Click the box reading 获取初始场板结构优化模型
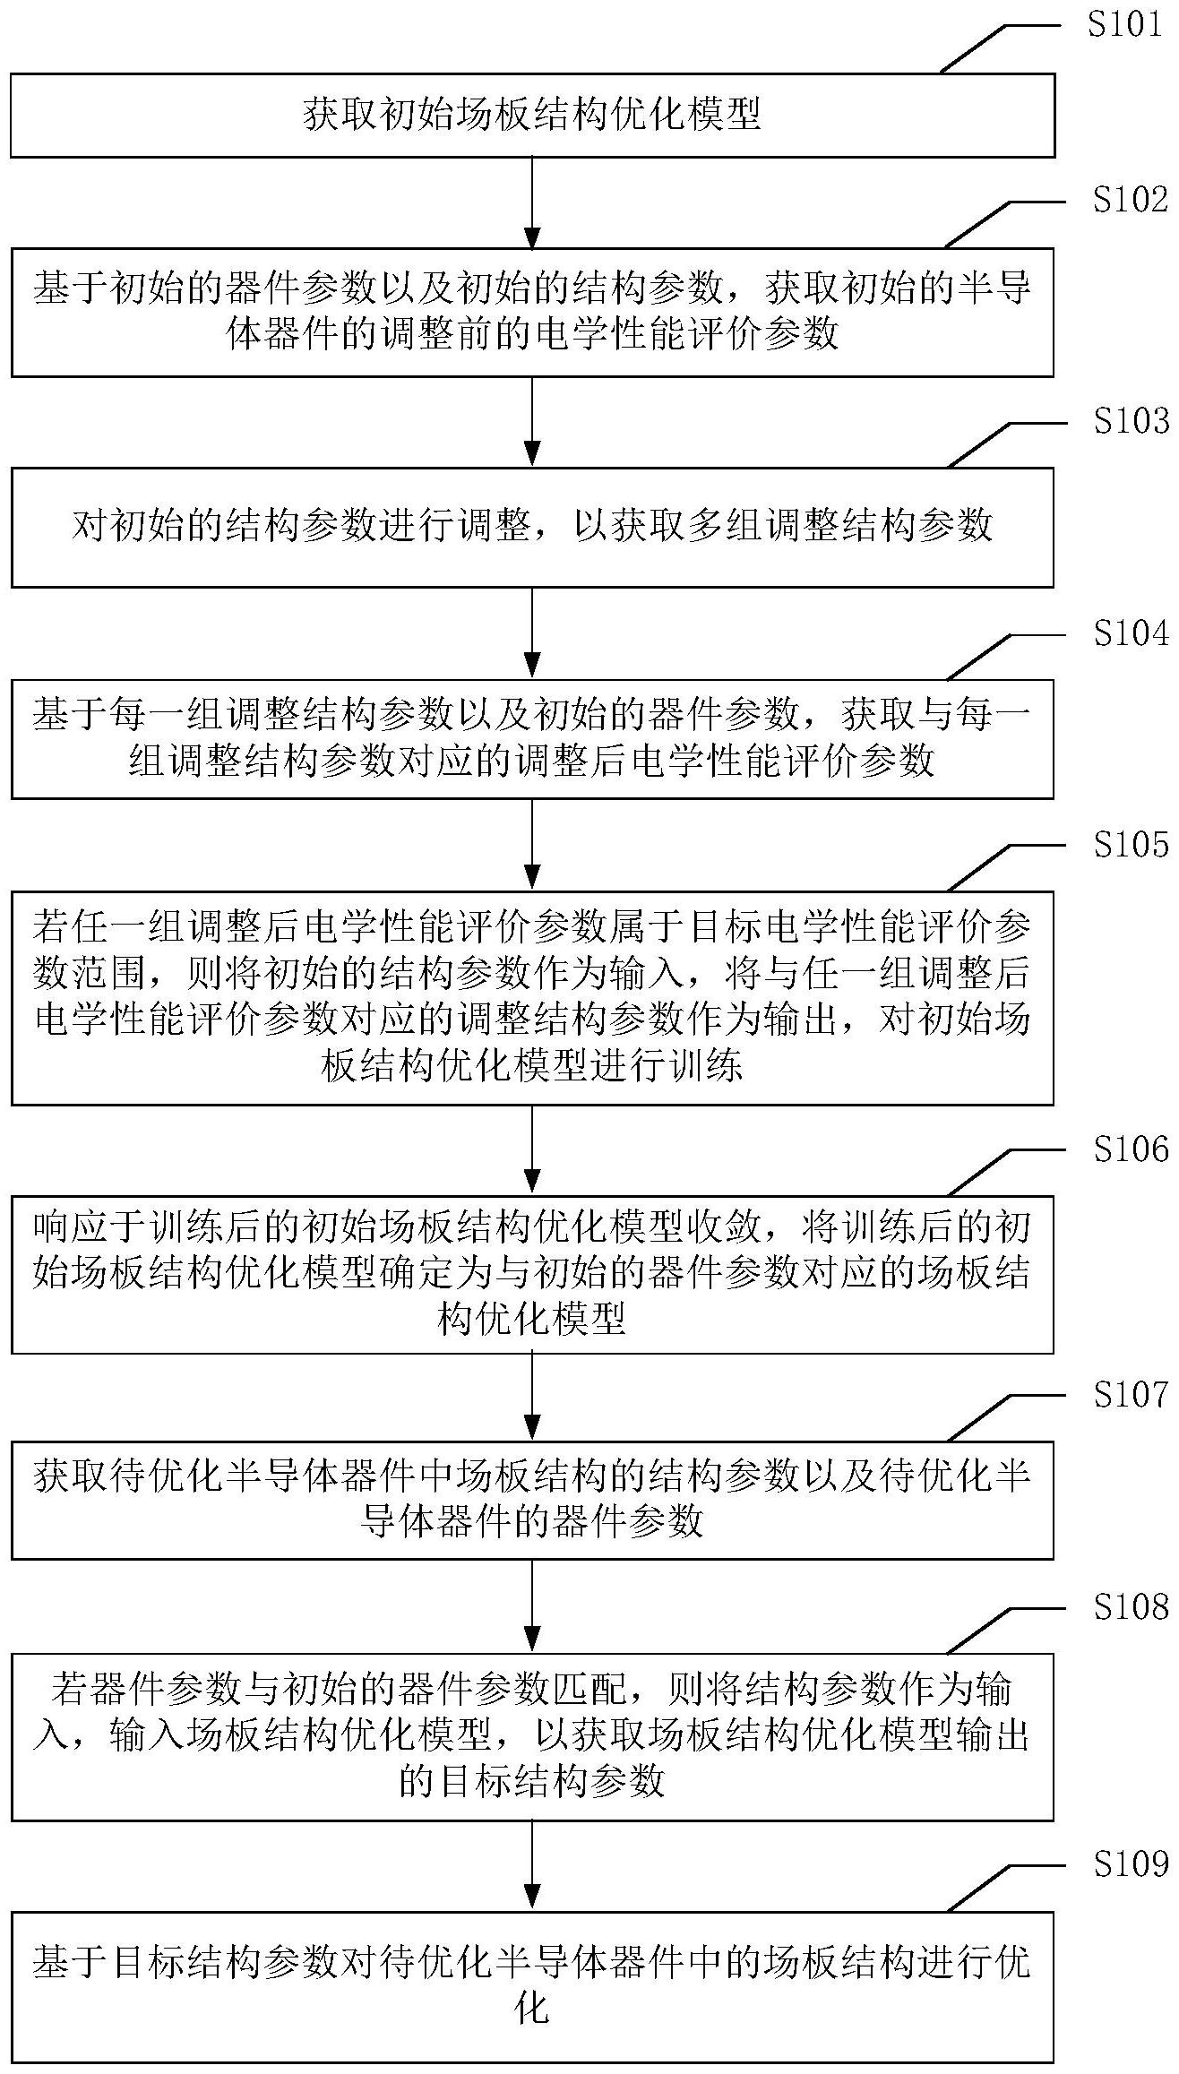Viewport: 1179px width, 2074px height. coord(532,116)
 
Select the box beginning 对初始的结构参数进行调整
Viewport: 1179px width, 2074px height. coord(532,527)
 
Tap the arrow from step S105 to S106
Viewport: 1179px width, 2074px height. coord(532,1150)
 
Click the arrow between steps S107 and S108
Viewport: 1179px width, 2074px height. coord(532,1607)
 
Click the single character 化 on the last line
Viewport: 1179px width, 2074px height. coord(532,1984)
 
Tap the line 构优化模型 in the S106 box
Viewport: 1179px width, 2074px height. coord(532,1319)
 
